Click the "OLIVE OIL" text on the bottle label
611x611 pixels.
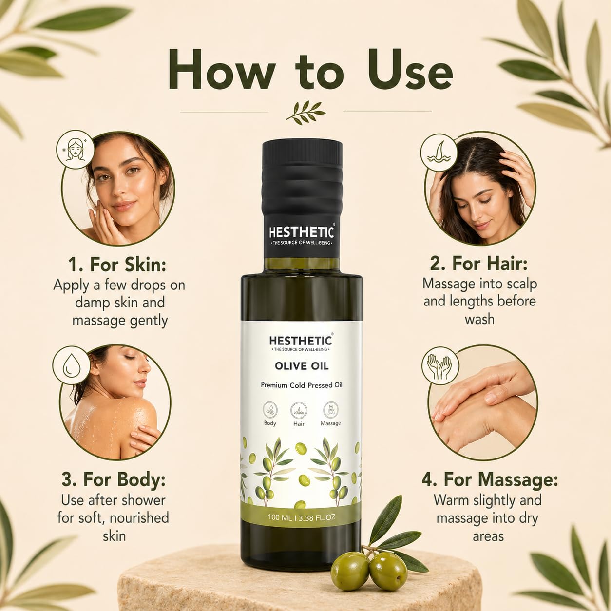tap(302, 366)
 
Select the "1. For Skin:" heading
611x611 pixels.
tap(117, 265)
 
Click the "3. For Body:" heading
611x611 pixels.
tap(114, 480)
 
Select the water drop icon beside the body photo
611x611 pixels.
tap(71, 365)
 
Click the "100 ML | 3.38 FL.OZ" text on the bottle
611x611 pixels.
tap(302, 517)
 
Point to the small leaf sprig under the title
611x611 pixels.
tap(305, 113)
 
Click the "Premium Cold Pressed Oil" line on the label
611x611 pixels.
tap(302, 385)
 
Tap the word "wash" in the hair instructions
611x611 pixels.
tap(480, 319)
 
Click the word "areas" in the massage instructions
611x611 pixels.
tap(488, 536)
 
